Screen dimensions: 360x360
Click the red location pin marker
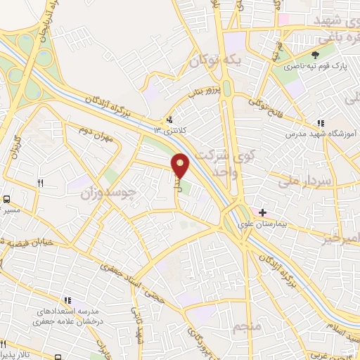click(x=181, y=166)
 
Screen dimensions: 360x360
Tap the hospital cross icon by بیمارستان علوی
click(x=262, y=212)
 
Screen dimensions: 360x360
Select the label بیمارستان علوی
click(x=262, y=224)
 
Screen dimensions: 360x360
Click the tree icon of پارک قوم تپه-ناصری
click(x=315, y=55)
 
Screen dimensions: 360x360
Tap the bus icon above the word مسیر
click(x=6, y=200)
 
